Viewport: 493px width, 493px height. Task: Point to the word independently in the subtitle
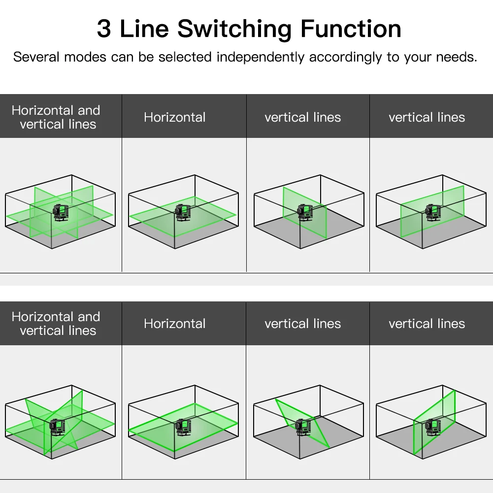[260, 57]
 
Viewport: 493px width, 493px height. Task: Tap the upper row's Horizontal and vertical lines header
[56, 117]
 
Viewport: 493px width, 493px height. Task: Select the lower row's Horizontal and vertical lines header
[56, 324]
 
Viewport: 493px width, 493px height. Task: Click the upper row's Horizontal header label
[175, 117]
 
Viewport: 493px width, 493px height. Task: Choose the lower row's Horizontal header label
[175, 324]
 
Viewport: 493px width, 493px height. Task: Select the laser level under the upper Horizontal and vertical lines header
[60, 212]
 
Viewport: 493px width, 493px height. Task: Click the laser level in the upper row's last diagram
[433, 212]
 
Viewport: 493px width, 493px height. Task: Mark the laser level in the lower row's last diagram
[433, 427]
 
